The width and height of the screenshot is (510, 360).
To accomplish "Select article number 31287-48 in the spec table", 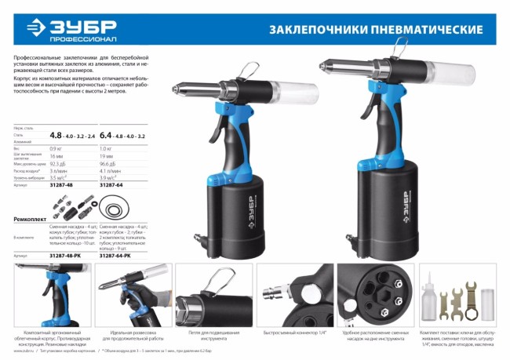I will [x=63, y=186].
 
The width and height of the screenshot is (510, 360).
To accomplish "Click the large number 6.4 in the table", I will [x=108, y=135].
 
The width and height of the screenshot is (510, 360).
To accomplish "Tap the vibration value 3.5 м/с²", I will [x=59, y=178].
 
